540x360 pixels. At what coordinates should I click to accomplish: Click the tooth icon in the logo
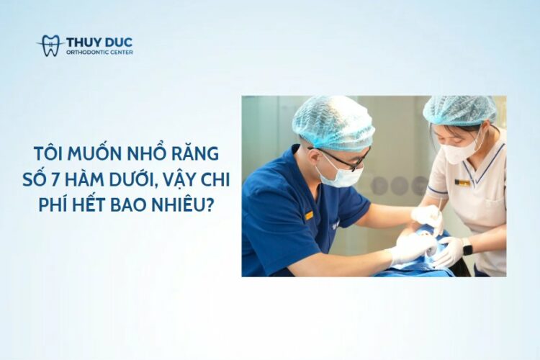pos(51,45)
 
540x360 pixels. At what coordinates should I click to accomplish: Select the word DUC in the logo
pos(118,42)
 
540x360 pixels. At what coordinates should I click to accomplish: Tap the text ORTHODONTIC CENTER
pos(99,52)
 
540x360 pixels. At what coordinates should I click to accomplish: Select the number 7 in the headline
pos(54,181)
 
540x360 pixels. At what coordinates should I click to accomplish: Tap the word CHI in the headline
pos(216,181)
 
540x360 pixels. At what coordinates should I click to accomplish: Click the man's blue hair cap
pos(333,124)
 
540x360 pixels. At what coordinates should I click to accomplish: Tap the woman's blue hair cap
pos(459,111)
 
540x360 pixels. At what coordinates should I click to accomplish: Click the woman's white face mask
pos(460,151)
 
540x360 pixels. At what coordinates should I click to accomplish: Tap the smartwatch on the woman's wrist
pos(467,246)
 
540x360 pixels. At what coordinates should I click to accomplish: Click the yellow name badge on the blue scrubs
pos(309,216)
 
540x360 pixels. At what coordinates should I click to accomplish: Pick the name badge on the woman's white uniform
pos(462,182)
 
